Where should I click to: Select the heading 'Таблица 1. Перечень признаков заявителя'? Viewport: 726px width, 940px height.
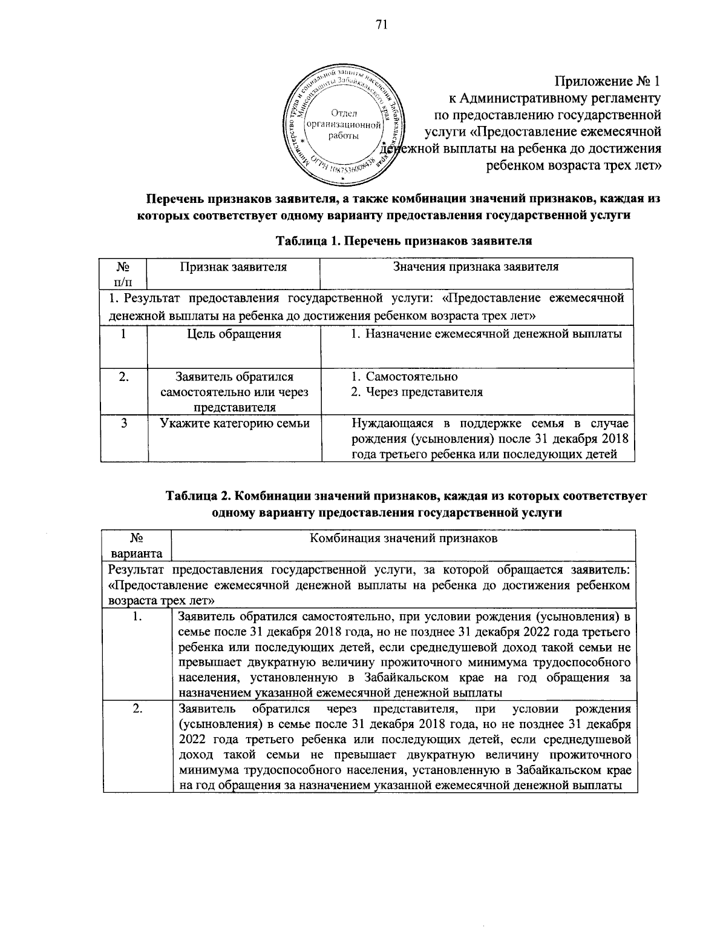[404, 241]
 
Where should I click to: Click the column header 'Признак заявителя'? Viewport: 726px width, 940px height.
[234, 266]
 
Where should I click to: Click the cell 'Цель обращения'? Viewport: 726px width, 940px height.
[234, 334]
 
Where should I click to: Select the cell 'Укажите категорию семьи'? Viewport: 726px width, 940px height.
[235, 423]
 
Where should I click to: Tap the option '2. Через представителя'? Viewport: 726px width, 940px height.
[417, 392]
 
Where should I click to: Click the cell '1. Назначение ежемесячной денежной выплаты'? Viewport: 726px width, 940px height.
[486, 334]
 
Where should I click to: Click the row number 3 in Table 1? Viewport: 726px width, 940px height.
[123, 423]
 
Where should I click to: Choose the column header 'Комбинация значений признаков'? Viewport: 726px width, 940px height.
[404, 538]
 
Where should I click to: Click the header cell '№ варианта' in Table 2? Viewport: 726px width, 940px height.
[136, 545]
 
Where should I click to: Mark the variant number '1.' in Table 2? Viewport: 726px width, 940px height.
[137, 617]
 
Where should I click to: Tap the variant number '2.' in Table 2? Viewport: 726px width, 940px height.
[137, 709]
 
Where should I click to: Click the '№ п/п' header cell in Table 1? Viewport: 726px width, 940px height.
[123, 273]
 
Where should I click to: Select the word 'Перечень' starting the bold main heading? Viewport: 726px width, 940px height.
[174, 199]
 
